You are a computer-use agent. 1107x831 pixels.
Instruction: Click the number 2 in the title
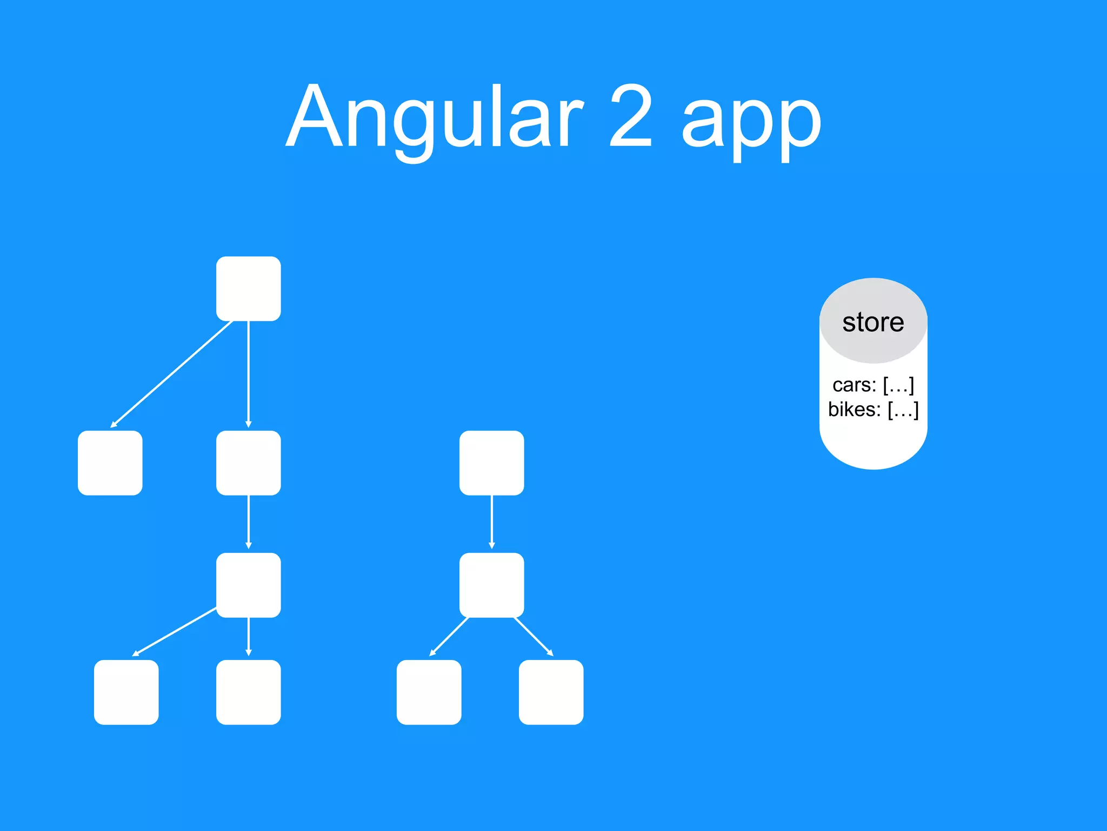pos(630,116)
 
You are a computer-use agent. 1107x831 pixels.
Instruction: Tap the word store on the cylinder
pos(873,322)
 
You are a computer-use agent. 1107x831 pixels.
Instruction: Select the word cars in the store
pos(854,385)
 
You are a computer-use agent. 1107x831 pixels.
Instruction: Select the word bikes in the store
pos(855,410)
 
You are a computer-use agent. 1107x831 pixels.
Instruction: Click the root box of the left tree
pos(248,289)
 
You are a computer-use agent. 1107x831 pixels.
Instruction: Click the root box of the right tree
pos(491,463)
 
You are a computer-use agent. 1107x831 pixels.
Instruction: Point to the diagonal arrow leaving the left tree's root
pos(172,374)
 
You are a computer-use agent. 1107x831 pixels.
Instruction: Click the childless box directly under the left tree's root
pos(110,463)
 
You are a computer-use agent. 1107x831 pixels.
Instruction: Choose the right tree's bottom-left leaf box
pos(429,692)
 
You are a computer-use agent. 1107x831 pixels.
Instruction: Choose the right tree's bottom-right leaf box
pos(551,692)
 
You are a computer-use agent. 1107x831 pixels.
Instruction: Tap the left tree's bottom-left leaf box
pos(126,692)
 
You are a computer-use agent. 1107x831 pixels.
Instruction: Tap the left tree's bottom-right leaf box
pos(248,692)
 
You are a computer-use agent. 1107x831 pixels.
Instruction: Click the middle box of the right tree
pos(491,585)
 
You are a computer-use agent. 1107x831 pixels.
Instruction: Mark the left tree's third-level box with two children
pos(248,585)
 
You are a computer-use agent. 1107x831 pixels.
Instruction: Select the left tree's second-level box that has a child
pos(248,463)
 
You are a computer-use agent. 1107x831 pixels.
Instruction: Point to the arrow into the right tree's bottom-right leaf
pos(534,637)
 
